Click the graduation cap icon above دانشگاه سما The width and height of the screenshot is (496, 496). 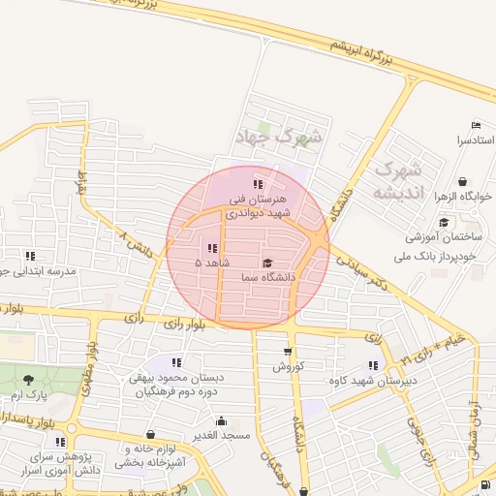[x=267, y=263]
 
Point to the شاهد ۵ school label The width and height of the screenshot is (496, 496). [x=213, y=263]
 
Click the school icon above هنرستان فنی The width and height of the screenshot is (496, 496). [x=257, y=184]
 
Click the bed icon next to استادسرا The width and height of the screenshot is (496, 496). [x=475, y=126]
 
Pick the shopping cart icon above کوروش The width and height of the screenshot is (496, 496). [x=288, y=352]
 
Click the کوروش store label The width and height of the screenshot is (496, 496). [x=288, y=367]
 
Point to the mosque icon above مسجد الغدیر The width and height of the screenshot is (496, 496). [x=222, y=421]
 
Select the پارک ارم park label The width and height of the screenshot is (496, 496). [x=29, y=396]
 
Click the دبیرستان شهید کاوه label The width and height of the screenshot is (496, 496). [x=346, y=380]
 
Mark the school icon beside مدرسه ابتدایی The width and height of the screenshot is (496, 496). [x=30, y=256]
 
